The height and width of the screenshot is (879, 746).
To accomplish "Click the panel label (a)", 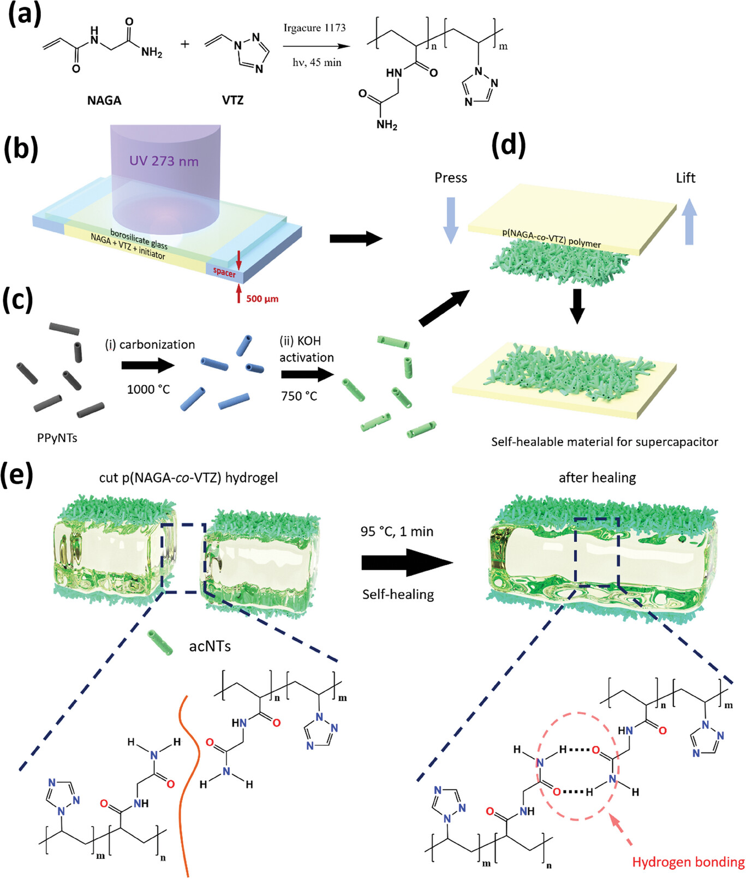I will pos(24,15).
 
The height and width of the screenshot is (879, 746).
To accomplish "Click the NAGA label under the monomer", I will pos(104,100).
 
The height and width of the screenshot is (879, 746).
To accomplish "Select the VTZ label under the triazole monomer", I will pos(232,100).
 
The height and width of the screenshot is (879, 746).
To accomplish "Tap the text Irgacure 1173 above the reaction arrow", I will pos(314,28).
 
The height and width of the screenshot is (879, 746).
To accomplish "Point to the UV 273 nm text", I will pos(164,161).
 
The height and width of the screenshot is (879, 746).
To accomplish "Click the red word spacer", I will pos(224,272).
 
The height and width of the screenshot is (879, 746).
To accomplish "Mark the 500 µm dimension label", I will pos(262,299).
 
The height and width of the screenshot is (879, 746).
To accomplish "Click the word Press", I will pos(451,178).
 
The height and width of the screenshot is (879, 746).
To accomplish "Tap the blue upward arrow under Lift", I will pos(689,222).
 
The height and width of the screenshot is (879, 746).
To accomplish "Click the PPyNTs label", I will pos(57,438).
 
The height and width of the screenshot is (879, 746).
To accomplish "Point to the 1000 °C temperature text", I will pos(148,390).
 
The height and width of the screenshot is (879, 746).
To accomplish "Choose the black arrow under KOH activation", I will pos(307,375).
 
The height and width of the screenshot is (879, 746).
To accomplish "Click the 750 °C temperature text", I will pos(299,396).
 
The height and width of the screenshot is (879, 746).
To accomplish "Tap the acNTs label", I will pos(210,647).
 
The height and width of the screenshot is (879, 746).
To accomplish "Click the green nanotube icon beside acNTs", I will pos(160,642).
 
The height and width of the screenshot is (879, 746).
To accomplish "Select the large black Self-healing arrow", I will pos(407,562).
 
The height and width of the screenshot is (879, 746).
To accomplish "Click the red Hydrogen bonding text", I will pos(688,863).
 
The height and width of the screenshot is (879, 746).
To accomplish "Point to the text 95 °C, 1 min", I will pos(397,531).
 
